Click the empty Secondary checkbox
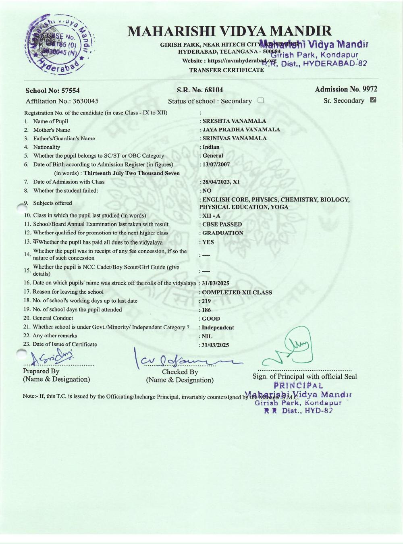[260, 100]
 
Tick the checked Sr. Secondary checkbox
[373, 100]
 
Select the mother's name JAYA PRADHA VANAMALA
[241, 129]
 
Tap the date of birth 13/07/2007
[216, 164]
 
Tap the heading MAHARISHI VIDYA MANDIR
[229, 31]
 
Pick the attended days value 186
[206, 310]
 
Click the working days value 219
[206, 301]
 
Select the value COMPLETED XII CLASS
[237, 292]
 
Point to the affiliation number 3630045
[85, 101]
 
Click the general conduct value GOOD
[211, 319]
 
